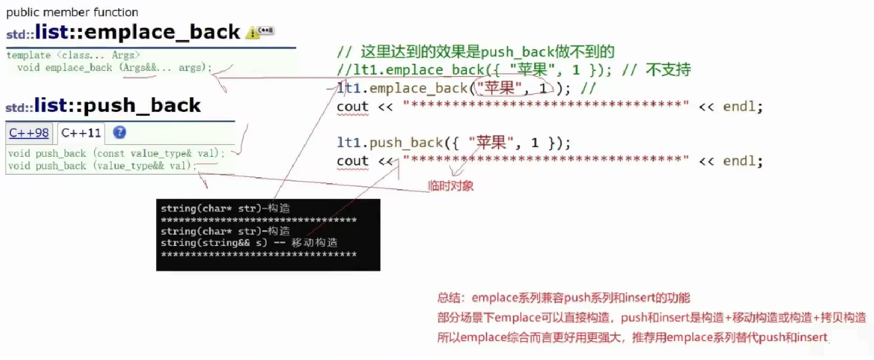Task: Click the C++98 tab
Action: (29, 133)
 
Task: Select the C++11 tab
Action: (81, 133)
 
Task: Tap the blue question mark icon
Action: (119, 132)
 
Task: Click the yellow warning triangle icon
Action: (252, 33)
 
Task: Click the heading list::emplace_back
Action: (137, 32)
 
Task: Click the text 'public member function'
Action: (72, 12)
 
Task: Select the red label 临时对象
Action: (450, 186)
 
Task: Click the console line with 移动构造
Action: (249, 243)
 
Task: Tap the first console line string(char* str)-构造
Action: (225, 208)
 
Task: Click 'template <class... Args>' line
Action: (73, 55)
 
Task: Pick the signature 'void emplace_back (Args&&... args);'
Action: (114, 68)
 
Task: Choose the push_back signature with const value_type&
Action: (116, 154)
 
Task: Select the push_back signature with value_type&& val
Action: (102, 166)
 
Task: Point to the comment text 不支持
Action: (668, 70)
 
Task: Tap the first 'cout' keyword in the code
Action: (352, 106)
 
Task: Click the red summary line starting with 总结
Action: (563, 298)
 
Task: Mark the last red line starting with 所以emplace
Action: (632, 338)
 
